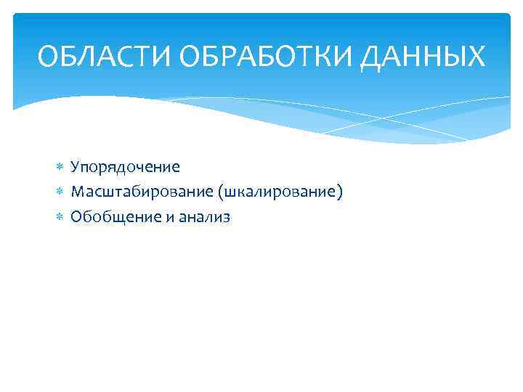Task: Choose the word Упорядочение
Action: tap(125, 168)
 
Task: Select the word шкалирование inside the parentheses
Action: tap(274, 192)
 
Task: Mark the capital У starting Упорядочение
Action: tap(75, 168)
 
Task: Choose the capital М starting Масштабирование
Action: tap(78, 192)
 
